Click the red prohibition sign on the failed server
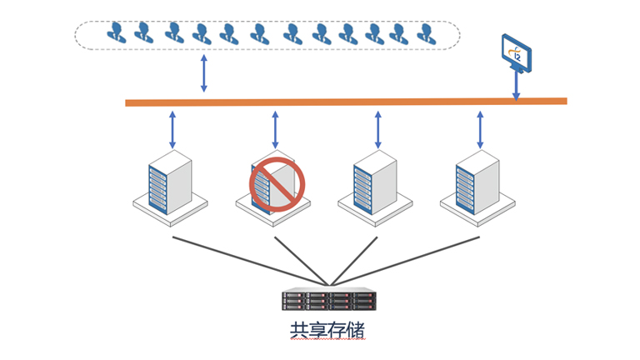click(277, 182)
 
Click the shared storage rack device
click(329, 301)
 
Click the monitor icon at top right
click(517, 53)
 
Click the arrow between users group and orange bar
click(203, 73)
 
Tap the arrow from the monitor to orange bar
click(517, 86)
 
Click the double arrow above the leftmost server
click(172, 128)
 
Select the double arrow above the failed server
click(275, 128)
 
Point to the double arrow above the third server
click(377, 128)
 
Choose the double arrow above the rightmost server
click(480, 128)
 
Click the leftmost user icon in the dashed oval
click(115, 32)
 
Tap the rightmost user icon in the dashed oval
click(425, 32)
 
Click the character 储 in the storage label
click(356, 329)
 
